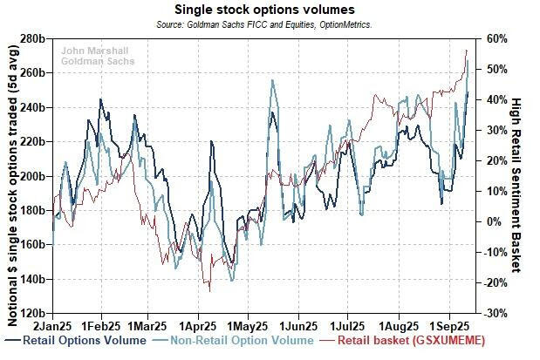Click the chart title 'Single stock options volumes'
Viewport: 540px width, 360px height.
270,10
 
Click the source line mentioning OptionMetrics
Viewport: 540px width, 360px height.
270,24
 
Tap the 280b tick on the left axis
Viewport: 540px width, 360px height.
33,39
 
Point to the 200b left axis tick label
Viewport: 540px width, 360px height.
33,176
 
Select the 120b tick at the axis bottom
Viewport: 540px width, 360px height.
33,312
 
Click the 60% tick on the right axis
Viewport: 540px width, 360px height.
498,39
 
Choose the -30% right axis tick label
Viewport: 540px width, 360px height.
496,312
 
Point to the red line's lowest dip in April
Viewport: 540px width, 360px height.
209,290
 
